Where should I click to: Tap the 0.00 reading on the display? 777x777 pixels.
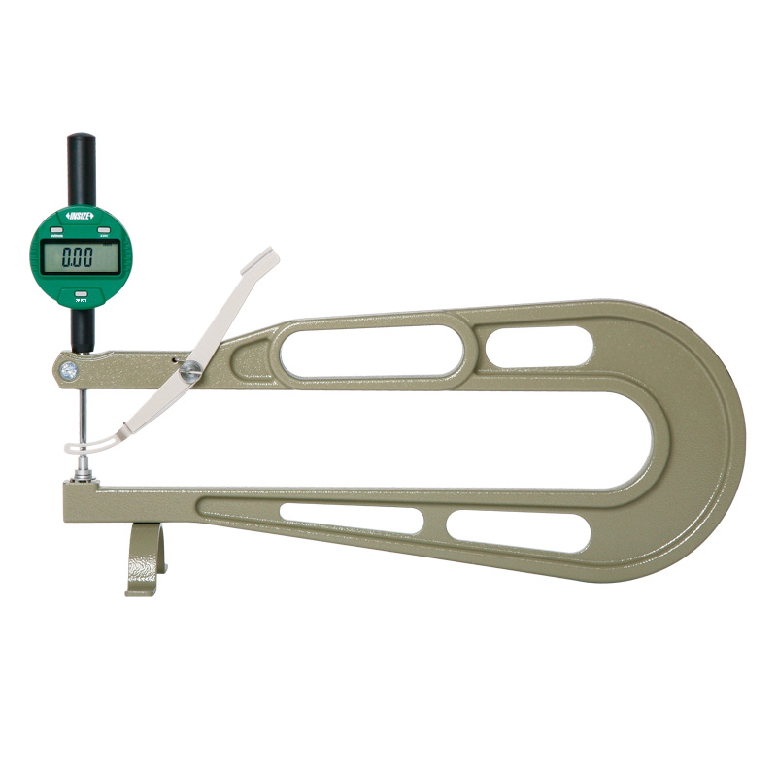coord(77,258)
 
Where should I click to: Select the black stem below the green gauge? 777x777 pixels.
coord(82,330)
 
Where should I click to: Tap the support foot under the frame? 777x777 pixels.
coord(143,558)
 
